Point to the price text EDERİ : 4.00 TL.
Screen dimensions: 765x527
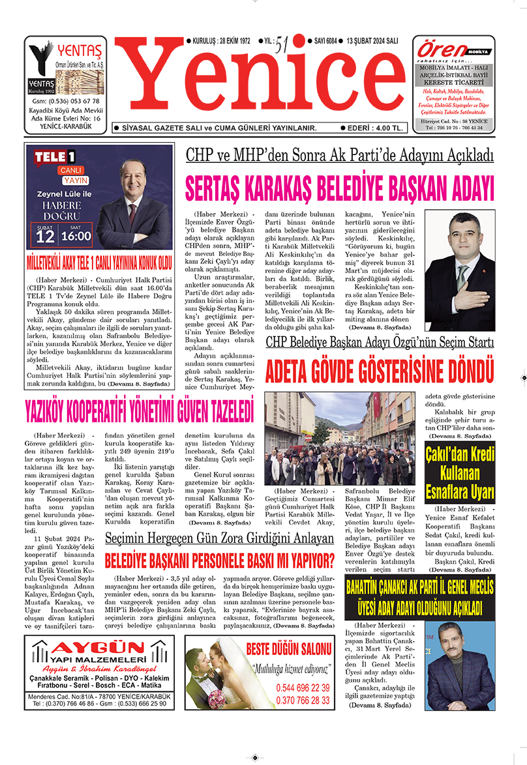point(374,128)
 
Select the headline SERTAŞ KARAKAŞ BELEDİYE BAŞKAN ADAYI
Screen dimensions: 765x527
point(340,188)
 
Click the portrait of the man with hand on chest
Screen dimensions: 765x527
point(459,272)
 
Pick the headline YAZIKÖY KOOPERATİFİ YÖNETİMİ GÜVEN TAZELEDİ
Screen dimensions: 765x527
point(138,411)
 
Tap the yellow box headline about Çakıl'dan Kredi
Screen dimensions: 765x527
point(459,472)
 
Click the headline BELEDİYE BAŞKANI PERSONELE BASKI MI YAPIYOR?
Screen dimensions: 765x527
point(220,558)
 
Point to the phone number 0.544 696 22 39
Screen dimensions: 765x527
point(302,687)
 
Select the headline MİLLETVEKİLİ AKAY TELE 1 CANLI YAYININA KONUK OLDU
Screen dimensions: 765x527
point(98,263)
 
